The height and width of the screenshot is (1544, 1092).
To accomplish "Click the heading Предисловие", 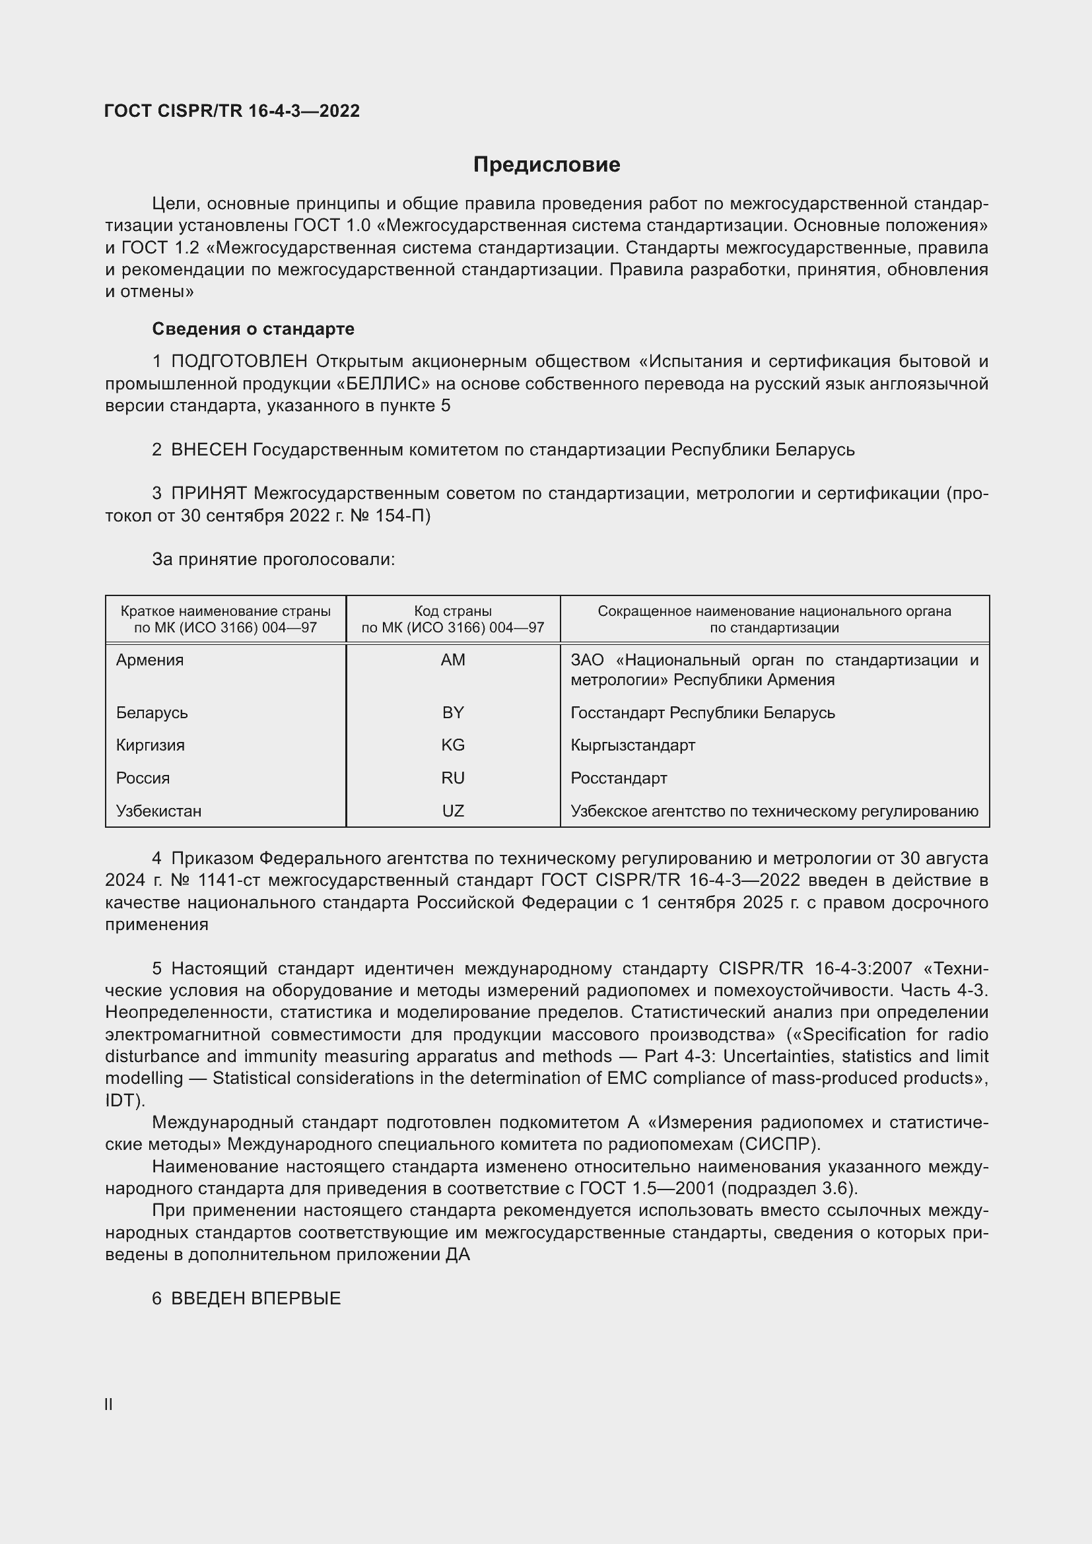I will tap(546, 165).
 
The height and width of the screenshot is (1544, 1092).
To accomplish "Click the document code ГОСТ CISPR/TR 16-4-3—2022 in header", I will tap(232, 111).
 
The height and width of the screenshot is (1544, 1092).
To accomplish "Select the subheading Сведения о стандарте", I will tap(253, 329).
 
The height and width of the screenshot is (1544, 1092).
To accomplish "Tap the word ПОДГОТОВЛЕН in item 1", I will tap(240, 362).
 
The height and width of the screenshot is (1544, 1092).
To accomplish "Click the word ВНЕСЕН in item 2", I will tap(209, 450).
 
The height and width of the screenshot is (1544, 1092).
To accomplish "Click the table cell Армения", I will tap(149, 659).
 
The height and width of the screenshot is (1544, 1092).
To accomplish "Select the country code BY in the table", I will tap(452, 712).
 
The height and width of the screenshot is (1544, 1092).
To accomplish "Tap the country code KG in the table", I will tap(452, 745).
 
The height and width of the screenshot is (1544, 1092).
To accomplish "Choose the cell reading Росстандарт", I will tap(619, 778).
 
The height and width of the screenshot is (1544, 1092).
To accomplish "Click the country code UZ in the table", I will tap(452, 811).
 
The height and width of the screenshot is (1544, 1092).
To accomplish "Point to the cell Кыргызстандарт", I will tap(632, 745).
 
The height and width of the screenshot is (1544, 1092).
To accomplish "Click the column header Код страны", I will tap(452, 611).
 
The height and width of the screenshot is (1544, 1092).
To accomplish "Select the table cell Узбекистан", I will tap(158, 811).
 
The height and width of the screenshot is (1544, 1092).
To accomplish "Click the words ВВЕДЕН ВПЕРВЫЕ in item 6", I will tap(256, 1298).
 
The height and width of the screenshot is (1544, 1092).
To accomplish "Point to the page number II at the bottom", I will tap(108, 1405).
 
